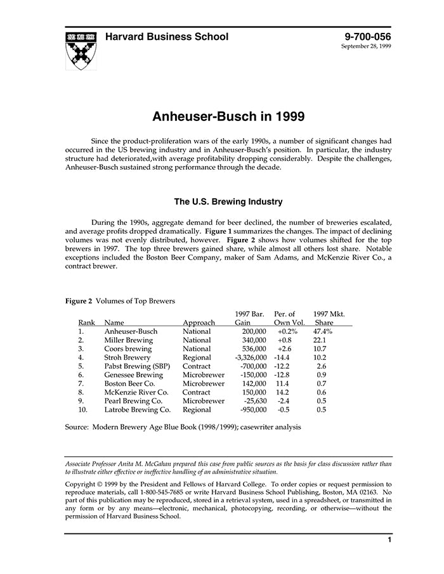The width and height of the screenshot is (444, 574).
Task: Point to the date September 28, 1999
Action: [366, 47]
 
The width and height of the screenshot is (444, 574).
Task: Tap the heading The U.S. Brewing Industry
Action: [228, 202]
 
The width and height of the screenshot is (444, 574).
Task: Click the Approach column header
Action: [199, 322]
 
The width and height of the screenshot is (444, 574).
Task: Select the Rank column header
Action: [86, 322]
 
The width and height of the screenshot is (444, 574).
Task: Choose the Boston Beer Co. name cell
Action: [129, 384]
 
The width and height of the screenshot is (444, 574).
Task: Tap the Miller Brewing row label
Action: [129, 340]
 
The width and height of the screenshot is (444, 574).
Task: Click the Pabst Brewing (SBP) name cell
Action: [136, 366]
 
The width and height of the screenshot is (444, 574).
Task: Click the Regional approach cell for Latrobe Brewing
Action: [197, 410]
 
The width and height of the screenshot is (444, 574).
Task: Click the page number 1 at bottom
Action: [389, 540]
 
